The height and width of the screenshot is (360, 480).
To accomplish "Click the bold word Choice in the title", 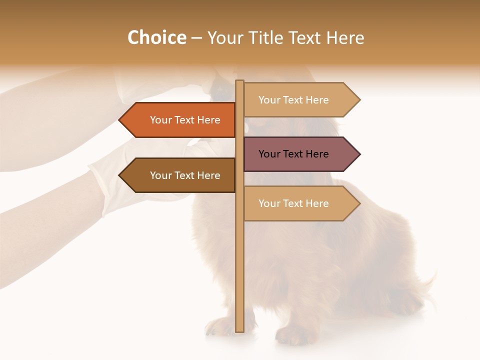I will (x=156, y=38).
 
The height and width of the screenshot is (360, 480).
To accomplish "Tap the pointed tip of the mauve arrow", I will (x=359, y=154).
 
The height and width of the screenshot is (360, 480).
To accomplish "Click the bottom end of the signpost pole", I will (x=240, y=330).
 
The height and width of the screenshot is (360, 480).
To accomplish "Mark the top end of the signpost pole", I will (x=240, y=81).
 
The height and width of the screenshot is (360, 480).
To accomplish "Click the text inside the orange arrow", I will (x=185, y=120).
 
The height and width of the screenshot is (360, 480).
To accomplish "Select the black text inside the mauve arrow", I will (x=293, y=154).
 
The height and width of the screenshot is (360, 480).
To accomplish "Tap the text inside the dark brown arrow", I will (x=185, y=175).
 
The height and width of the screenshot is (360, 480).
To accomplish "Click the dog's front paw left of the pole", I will (x=219, y=327).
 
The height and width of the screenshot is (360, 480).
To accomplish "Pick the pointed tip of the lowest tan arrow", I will (x=359, y=203).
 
